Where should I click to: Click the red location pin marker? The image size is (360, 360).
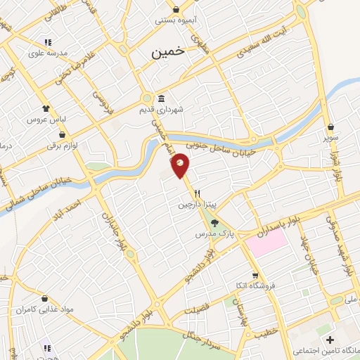(x=181, y=165)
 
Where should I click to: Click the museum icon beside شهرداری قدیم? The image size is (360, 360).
(x=162, y=98)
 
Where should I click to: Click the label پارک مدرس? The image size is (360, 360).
(x=204, y=233)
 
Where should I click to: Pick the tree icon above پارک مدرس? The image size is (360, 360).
(x=205, y=223)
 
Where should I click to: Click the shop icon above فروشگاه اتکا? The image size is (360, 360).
(x=257, y=274)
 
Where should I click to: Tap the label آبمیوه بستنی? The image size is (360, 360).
(x=176, y=20)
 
